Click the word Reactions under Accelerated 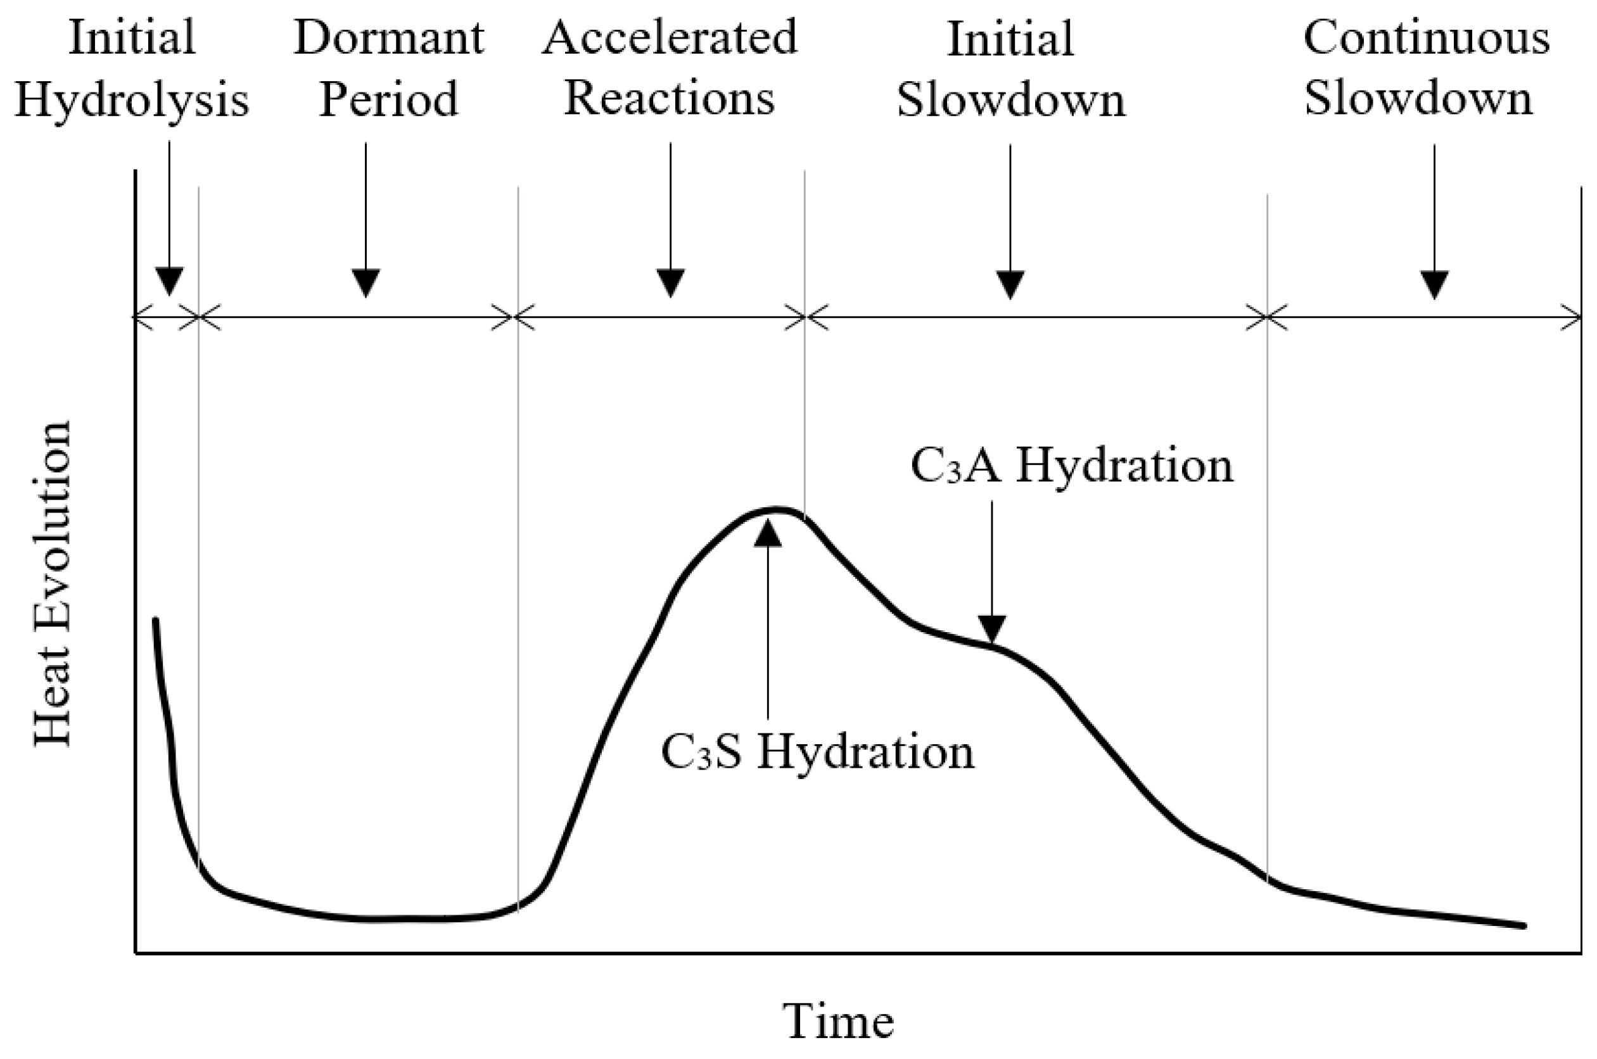[669, 99]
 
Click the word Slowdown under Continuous [1418, 99]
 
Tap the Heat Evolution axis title [53, 583]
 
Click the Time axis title [838, 1021]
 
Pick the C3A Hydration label [1072, 466]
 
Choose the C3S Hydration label [817, 752]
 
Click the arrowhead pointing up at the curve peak [768, 533]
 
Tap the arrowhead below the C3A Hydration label [991, 628]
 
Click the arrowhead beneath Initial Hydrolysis [169, 281]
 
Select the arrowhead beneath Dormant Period [366, 282]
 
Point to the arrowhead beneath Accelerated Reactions [670, 282]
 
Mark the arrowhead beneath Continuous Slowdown [1434, 284]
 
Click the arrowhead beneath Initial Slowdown [1010, 284]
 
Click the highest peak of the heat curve [777, 509]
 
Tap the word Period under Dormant [388, 99]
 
